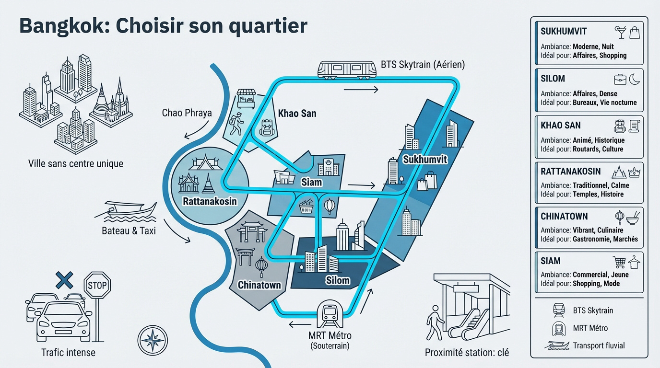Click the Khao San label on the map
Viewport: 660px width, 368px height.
297,114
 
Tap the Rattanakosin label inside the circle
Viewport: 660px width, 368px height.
210,201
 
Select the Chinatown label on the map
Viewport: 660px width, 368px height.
259,285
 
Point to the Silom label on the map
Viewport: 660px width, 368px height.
338,280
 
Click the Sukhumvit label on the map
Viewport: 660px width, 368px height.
425,160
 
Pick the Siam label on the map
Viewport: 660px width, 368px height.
311,182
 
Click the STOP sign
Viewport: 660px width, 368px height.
97,286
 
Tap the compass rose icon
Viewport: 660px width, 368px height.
153,340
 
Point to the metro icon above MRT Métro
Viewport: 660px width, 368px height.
330,312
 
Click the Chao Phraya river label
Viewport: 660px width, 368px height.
187,113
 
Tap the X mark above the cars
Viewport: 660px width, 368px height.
64,279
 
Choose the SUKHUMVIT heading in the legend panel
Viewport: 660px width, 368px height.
564,32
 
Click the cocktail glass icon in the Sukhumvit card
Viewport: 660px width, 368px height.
620,32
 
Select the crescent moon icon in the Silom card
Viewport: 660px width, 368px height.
634,79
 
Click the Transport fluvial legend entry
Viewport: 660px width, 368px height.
599,345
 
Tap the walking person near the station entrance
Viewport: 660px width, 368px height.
436,317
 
